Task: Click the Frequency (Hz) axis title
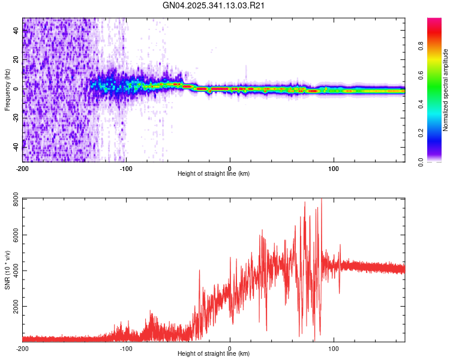pyautogui.click(x=7, y=89)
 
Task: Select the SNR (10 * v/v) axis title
pyautogui.click(x=7, y=270)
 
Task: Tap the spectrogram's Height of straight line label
pyautogui.click(x=214, y=173)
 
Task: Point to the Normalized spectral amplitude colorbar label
pyautogui.click(x=445, y=90)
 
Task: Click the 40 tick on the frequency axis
pyautogui.click(x=16, y=31)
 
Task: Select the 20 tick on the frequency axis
pyautogui.click(x=16, y=60)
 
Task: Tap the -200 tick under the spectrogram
pyautogui.click(x=23, y=167)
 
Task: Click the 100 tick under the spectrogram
pyautogui.click(x=334, y=167)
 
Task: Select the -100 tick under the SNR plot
pyautogui.click(x=126, y=347)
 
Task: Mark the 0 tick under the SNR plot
pyautogui.click(x=230, y=347)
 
